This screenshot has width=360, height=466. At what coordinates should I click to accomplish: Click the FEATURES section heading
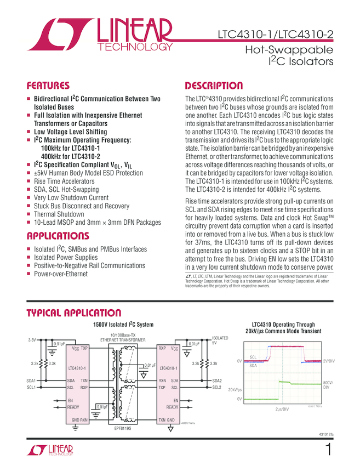click(x=48, y=86)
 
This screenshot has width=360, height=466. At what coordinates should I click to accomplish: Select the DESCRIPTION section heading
click(x=214, y=86)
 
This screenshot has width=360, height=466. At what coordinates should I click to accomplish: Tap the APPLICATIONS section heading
click(x=58, y=236)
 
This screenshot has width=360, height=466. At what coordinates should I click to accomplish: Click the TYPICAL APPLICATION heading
click(x=74, y=313)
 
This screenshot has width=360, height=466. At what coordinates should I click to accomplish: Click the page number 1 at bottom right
click(x=329, y=450)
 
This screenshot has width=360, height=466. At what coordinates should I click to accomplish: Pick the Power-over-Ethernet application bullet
click(x=61, y=273)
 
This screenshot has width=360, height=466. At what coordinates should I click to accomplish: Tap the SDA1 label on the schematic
click(x=31, y=380)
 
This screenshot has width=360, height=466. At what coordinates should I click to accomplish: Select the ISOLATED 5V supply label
click(x=220, y=341)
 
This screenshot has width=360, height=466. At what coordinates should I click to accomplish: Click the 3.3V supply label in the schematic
click(x=32, y=341)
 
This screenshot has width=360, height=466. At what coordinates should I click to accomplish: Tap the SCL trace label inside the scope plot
click(x=253, y=357)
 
